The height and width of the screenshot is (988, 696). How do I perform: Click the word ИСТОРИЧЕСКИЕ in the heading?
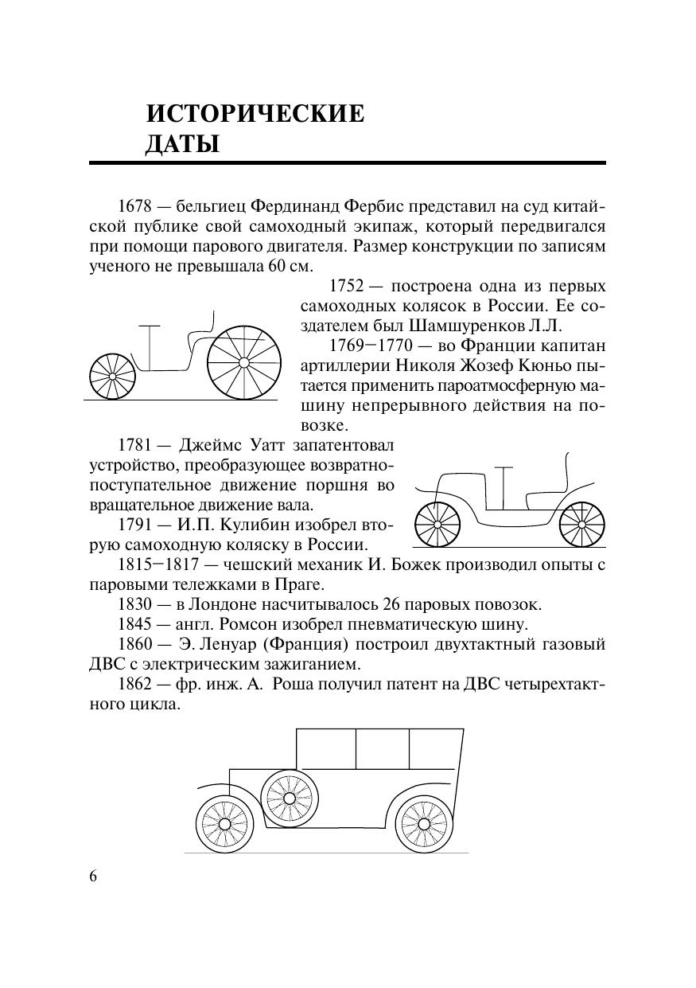pyautogui.click(x=255, y=114)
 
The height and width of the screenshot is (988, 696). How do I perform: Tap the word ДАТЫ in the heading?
pyautogui.click(x=182, y=145)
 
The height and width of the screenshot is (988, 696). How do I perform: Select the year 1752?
pyautogui.click(x=346, y=287)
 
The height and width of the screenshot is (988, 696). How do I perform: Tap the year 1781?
pyautogui.click(x=134, y=445)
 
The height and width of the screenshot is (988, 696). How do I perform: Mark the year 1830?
pyautogui.click(x=134, y=604)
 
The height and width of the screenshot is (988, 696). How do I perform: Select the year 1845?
pyautogui.click(x=134, y=623)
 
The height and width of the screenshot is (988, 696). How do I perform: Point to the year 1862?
pyautogui.click(x=134, y=683)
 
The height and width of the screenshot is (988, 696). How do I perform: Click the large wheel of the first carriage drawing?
pyautogui.click(x=244, y=362)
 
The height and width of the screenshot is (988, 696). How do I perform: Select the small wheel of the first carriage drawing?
pyautogui.click(x=111, y=375)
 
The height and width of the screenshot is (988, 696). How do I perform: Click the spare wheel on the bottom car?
pyautogui.click(x=288, y=797)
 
